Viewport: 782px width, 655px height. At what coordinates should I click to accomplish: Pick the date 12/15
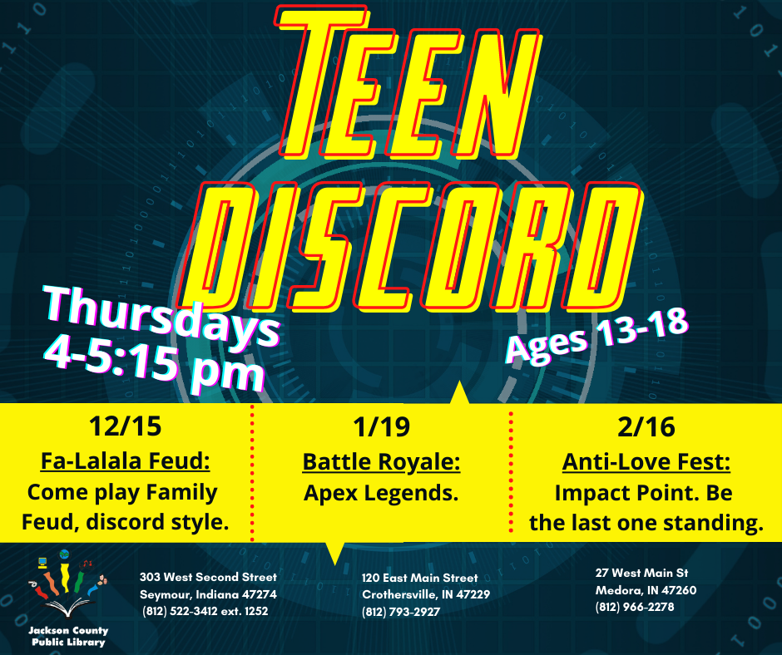pyautogui.click(x=125, y=426)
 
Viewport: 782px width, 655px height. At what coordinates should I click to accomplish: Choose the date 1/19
pyautogui.click(x=382, y=427)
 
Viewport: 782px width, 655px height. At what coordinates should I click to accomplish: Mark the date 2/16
pyautogui.click(x=646, y=427)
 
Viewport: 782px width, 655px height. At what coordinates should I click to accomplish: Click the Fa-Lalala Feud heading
pyautogui.click(x=125, y=461)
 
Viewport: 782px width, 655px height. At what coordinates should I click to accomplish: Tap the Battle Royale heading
pyautogui.click(x=382, y=462)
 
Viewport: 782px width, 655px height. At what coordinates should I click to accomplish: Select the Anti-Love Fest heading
pyautogui.click(x=646, y=462)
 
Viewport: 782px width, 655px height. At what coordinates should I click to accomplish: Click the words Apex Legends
pyautogui.click(x=382, y=494)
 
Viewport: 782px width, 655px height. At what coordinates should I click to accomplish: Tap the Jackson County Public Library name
pyautogui.click(x=68, y=637)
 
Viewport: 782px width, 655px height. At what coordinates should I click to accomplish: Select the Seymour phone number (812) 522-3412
pyautogui.click(x=180, y=611)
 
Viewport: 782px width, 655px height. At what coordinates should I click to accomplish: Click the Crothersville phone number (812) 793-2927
pyautogui.click(x=401, y=612)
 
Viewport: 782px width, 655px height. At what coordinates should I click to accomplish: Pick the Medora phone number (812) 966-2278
pyautogui.click(x=635, y=607)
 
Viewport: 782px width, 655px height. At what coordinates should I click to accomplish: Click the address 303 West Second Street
pyautogui.click(x=208, y=577)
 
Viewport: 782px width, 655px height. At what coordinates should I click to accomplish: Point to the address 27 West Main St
pyautogui.click(x=642, y=574)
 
